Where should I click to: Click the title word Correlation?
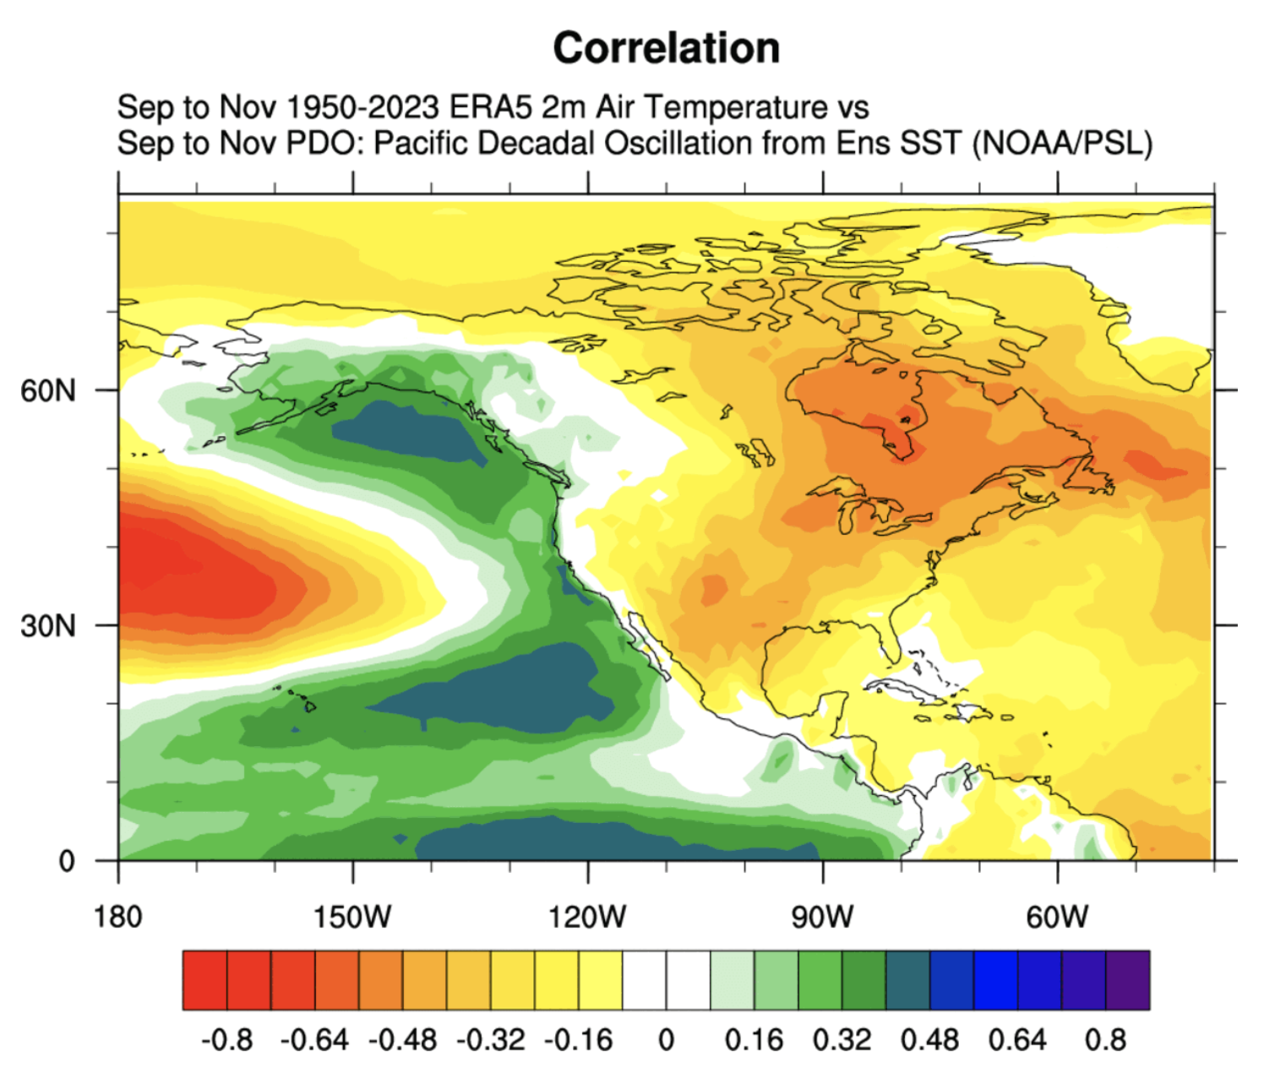(x=666, y=48)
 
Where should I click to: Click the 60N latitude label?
(x=48, y=391)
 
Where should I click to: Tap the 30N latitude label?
(x=48, y=626)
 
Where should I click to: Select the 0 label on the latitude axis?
(x=67, y=861)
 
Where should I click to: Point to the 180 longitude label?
(x=118, y=916)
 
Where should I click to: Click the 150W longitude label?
(x=352, y=916)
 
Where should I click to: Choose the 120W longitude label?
(x=587, y=916)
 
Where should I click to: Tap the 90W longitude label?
(x=822, y=916)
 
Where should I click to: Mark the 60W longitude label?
(x=1057, y=916)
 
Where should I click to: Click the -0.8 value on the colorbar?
(x=226, y=1039)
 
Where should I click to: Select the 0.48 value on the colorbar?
(x=929, y=1039)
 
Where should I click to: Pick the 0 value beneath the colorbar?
(x=667, y=1039)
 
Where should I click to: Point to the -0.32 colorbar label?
(x=491, y=1039)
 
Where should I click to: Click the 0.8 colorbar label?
(x=1105, y=1039)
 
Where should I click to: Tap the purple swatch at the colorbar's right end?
(x=1127, y=980)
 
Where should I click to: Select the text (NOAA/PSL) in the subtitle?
(x=1062, y=144)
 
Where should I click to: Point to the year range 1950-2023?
(x=362, y=108)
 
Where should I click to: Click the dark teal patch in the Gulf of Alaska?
(x=406, y=429)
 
